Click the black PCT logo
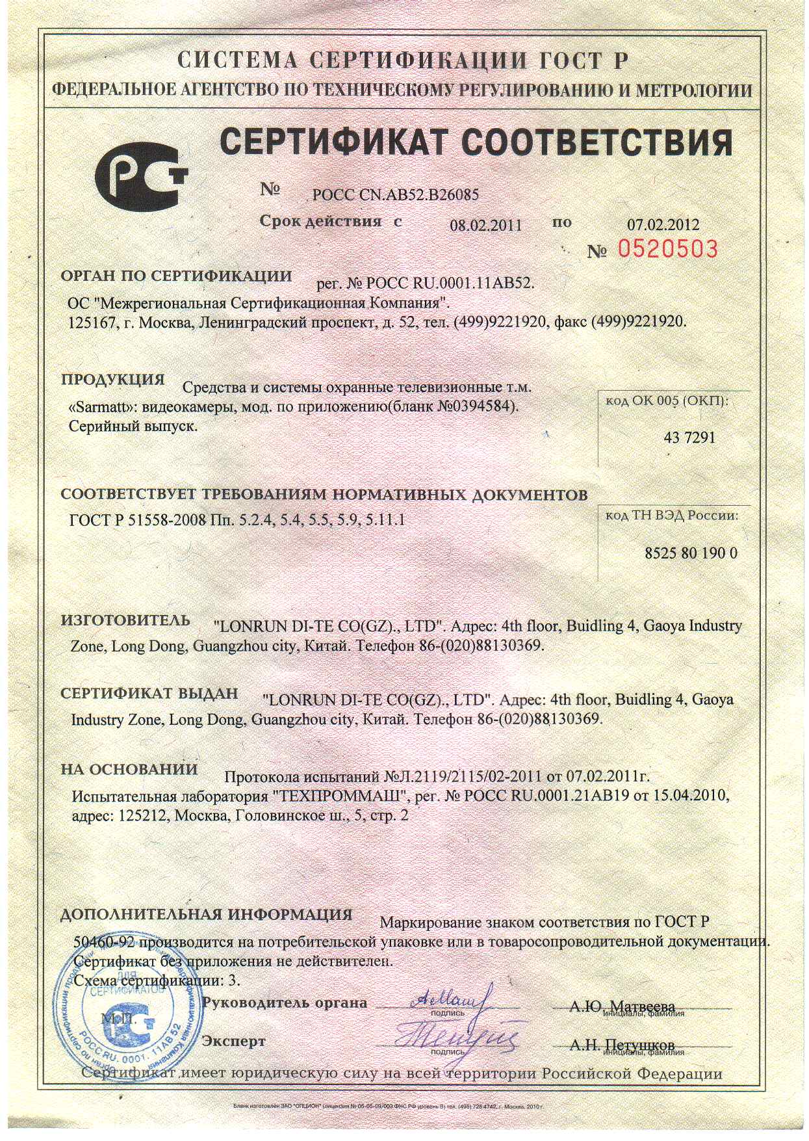click(x=140, y=174)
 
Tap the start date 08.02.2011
click(x=486, y=226)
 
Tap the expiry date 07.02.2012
click(x=663, y=225)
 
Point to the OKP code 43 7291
click(x=689, y=438)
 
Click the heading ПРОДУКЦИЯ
click(x=113, y=380)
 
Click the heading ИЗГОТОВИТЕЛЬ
click(x=125, y=620)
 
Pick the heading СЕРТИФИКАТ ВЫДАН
click(x=149, y=694)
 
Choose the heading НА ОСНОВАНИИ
click(x=129, y=769)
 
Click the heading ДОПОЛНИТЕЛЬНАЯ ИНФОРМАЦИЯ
click(x=206, y=914)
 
